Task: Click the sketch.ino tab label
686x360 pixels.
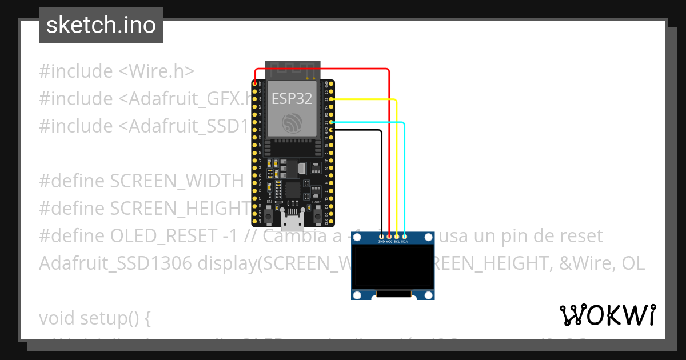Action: tap(101, 25)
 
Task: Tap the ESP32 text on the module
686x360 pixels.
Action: tap(292, 98)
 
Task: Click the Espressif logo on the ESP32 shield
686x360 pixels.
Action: tap(292, 122)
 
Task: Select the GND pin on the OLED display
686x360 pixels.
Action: tap(381, 236)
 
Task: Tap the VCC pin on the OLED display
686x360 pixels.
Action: tap(389, 236)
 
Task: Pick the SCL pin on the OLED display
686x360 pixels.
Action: tap(397, 236)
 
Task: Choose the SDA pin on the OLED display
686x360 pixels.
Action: tap(404, 236)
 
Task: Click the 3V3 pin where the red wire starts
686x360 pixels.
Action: tap(254, 84)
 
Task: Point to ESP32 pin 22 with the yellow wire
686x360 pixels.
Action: tap(331, 99)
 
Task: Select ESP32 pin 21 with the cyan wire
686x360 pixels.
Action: tap(331, 122)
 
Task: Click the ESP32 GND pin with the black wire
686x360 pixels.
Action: tap(331, 130)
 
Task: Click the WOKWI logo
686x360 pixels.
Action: tap(607, 315)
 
